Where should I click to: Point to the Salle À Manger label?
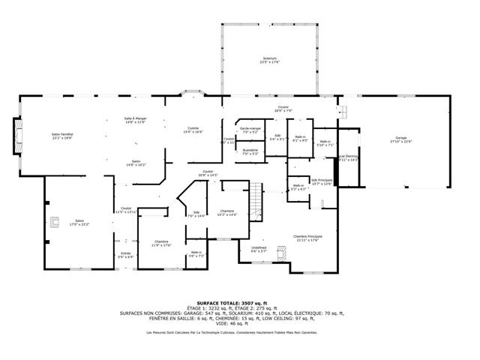click(135, 121)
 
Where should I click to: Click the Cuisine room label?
click(193, 130)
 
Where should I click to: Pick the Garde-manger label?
click(250, 129)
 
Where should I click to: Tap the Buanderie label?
click(250, 152)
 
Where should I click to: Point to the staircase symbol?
click(256, 201)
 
